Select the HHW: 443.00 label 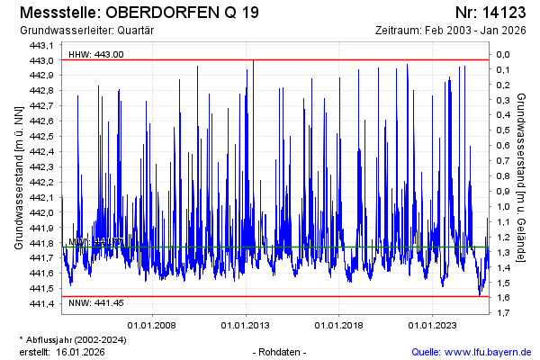click(96, 54)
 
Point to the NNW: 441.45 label click(96, 304)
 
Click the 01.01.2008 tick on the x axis click(151, 325)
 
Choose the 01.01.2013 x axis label click(246, 325)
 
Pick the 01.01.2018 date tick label click(339, 325)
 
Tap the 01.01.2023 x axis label click(433, 325)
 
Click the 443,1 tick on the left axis click(42, 45)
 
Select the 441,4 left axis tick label click(42, 303)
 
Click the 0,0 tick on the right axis click(503, 54)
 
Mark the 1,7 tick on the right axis click(503, 312)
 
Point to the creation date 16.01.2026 click(81, 351)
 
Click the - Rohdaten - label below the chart click(281, 351)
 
